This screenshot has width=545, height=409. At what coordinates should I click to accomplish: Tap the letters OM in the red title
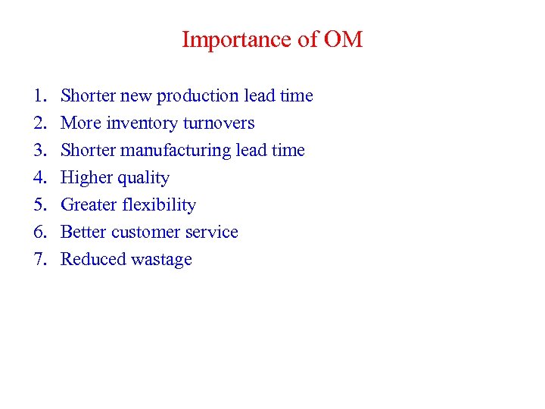tap(343, 39)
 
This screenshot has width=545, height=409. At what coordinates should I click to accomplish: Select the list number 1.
tap(39, 96)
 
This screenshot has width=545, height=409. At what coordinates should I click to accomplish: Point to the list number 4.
tap(39, 178)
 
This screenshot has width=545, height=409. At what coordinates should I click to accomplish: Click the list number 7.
tap(39, 260)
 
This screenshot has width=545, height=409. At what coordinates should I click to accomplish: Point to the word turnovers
tap(219, 123)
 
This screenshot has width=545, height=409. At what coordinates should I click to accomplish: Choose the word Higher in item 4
tap(86, 179)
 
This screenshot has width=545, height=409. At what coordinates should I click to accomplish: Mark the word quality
tap(142, 179)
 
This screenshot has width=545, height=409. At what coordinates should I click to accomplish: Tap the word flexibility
tap(160, 205)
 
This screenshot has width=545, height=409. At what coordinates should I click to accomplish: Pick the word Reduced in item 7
tap(92, 260)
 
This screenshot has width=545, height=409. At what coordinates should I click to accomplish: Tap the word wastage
tap(161, 261)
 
